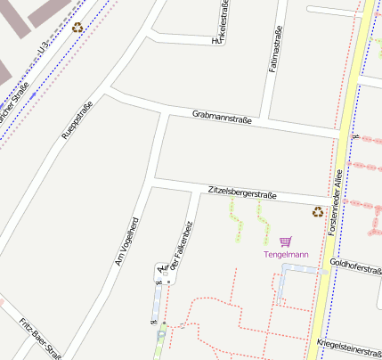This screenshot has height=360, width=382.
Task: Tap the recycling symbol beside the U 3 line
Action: point(78,28)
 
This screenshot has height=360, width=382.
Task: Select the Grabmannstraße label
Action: point(222,117)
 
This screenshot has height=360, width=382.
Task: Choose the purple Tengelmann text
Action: point(286,255)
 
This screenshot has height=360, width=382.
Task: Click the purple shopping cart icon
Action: point(285,241)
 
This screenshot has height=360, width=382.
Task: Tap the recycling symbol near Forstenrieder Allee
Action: point(317,211)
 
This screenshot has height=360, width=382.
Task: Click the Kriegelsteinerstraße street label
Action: point(348,343)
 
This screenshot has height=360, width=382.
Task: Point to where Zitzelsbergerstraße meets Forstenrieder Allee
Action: point(331,199)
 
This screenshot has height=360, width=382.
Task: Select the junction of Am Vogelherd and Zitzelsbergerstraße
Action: point(154,180)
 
